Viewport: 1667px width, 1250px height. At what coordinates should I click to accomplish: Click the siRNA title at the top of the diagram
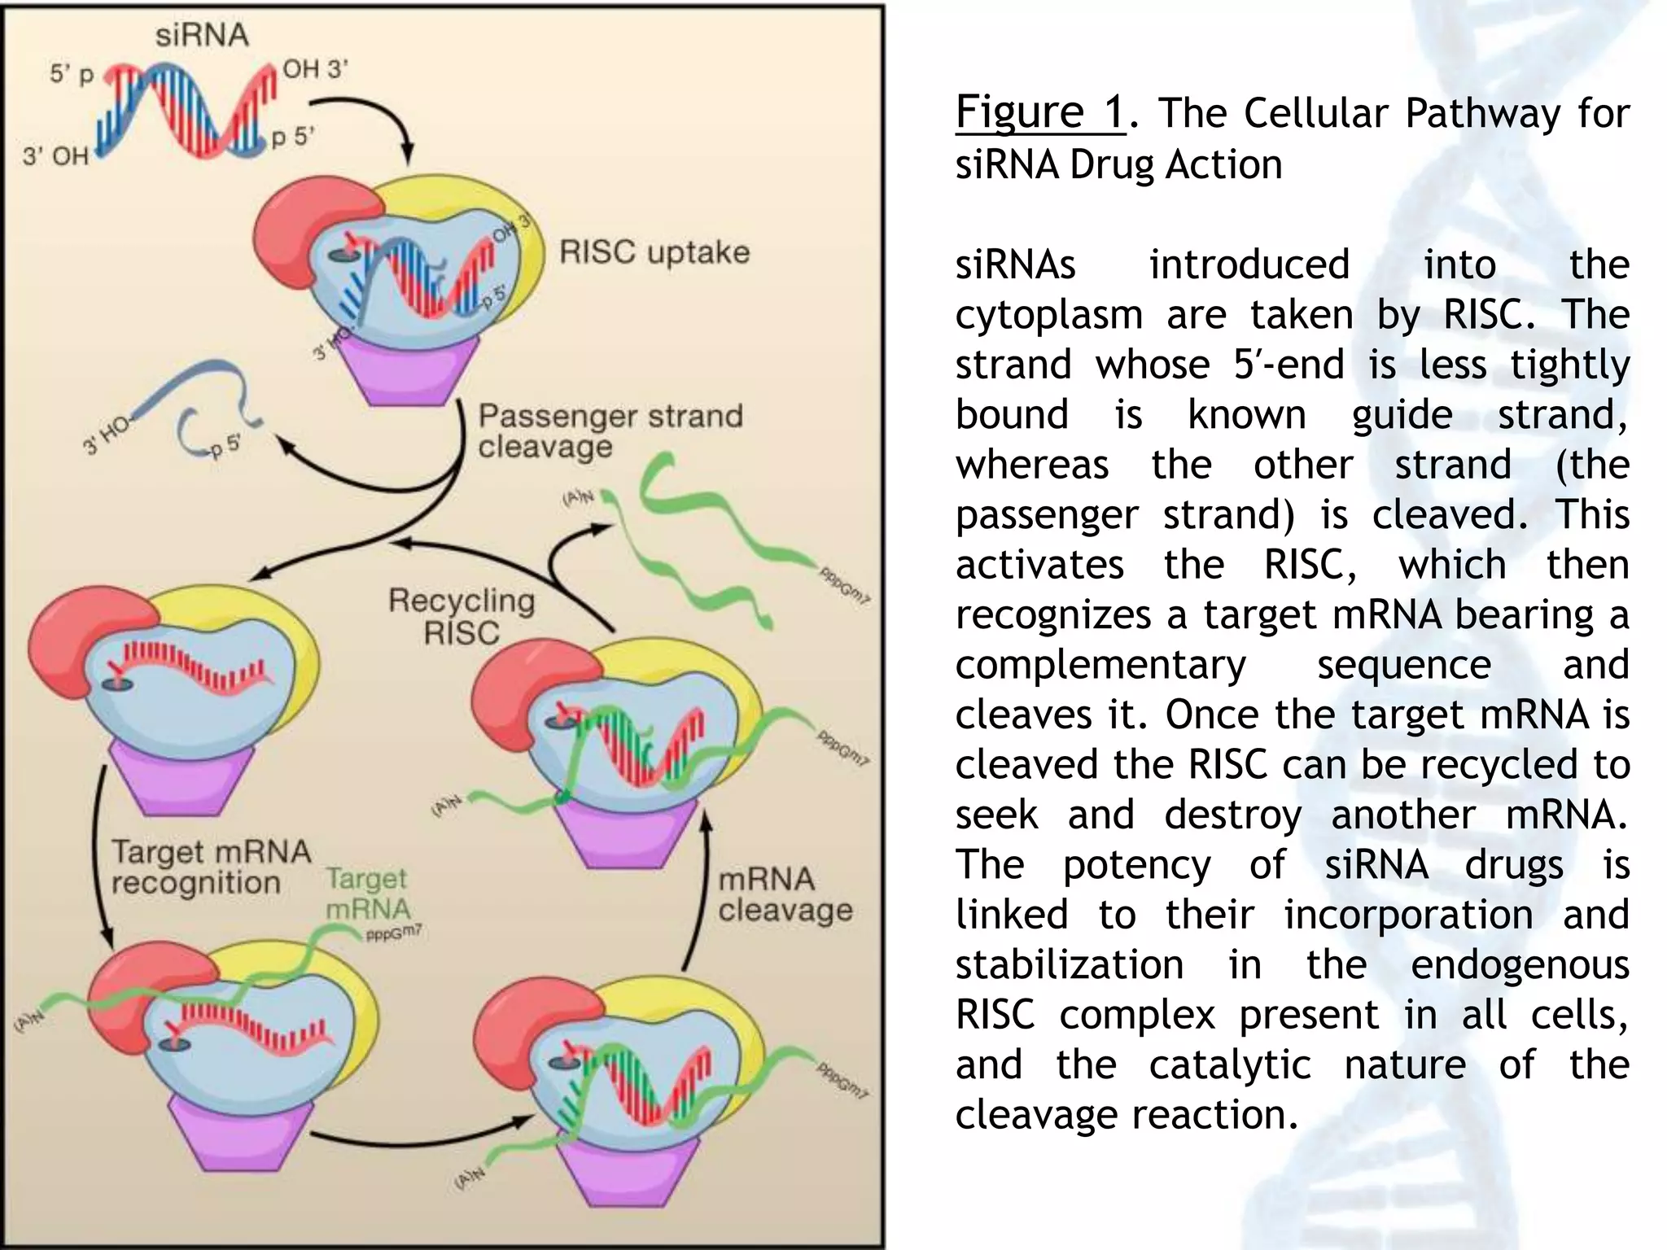coord(201,35)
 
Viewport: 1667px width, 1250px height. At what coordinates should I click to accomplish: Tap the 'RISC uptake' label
coord(654,252)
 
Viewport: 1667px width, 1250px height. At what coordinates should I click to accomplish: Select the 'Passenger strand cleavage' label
coord(610,431)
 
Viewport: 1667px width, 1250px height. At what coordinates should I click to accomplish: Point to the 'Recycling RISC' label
coord(462,616)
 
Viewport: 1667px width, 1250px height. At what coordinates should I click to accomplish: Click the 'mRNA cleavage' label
coord(785,894)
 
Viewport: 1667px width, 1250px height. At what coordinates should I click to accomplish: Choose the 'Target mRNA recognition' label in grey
coord(211,867)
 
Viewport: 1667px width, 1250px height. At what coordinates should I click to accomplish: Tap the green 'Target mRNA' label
coord(367,894)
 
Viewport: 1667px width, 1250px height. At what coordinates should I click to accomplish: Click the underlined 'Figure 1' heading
coord(1039,112)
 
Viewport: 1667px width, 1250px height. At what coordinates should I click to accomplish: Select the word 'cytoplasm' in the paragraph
coord(1048,315)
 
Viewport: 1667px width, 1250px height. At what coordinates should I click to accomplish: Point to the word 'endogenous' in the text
coord(1519,965)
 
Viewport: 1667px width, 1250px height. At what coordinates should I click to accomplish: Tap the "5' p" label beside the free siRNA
coord(72,74)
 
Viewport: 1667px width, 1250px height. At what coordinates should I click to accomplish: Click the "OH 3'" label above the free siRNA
coord(314,69)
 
